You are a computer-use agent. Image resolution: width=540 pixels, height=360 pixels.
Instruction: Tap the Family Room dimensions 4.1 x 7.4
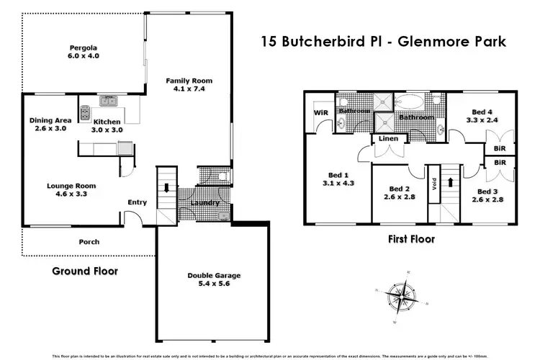point(189,90)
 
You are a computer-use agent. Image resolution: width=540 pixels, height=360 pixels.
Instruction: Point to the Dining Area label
point(48,120)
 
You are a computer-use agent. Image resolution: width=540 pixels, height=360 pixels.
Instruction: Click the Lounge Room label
point(71,186)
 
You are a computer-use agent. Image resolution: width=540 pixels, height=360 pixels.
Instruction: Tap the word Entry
point(137,202)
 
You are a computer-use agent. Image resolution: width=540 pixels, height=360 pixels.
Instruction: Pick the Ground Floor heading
point(84,271)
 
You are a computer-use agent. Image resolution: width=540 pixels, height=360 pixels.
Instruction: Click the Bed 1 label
point(337,175)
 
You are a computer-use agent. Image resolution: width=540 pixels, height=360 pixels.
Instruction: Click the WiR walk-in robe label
point(320,113)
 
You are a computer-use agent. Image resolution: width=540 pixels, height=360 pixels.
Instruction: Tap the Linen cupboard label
point(387,138)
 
